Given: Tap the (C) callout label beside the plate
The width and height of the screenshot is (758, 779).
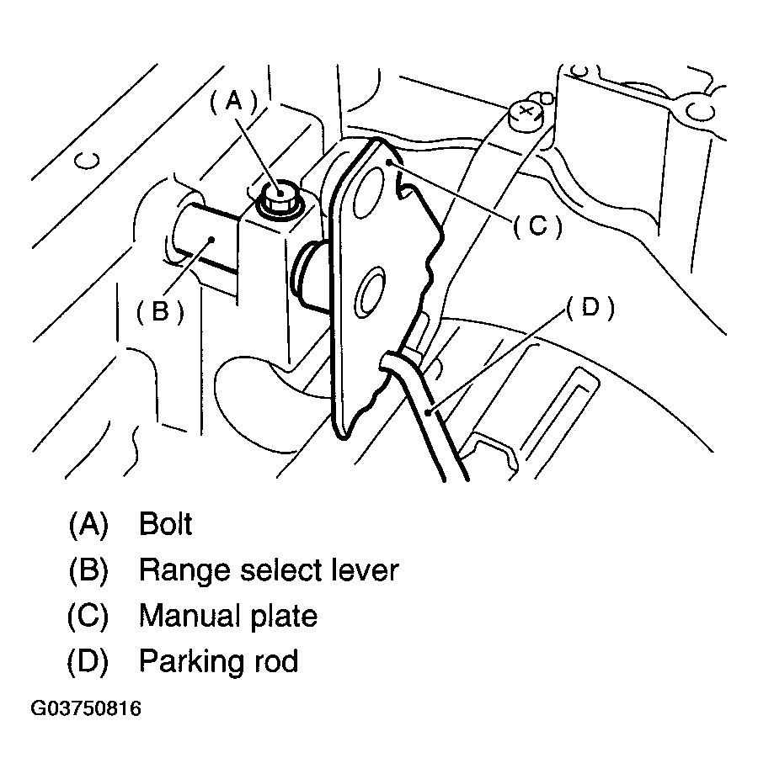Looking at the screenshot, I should (x=536, y=225).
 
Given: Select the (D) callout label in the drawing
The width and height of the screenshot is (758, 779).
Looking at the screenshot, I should (x=590, y=308).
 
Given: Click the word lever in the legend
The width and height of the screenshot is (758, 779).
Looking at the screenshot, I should (x=362, y=570).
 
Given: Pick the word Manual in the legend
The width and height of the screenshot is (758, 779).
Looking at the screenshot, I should (x=188, y=616).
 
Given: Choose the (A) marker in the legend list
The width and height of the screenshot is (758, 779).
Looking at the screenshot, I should (x=88, y=524).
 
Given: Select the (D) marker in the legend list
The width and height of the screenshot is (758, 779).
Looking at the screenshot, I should (x=88, y=661).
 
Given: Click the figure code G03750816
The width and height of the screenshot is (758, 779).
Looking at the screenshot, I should (x=87, y=708).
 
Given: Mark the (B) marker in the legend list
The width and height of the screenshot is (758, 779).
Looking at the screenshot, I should (x=88, y=570).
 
